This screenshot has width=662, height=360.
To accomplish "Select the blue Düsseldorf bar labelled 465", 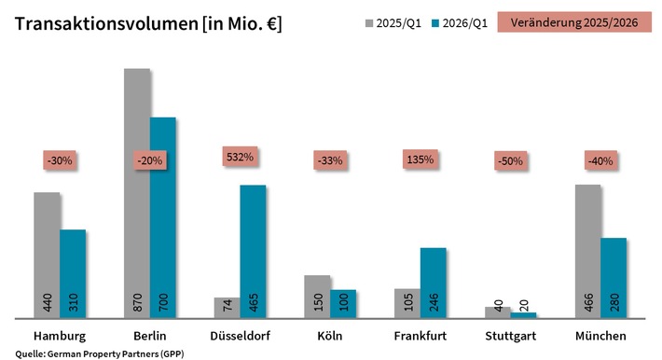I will pos(253,252).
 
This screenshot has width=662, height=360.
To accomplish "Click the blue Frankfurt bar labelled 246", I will pos(434,280).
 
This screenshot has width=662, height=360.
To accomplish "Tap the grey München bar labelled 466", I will pos(587,252).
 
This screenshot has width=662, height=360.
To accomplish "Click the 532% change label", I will pos(240,157).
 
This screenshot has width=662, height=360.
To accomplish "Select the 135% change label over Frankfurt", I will pos(421,159).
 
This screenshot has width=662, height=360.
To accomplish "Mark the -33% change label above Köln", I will pos(329,160).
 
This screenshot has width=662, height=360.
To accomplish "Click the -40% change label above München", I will pos(600,160).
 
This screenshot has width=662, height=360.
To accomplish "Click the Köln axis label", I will pos(329,336).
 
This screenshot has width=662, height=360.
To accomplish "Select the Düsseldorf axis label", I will pos(240,336).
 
